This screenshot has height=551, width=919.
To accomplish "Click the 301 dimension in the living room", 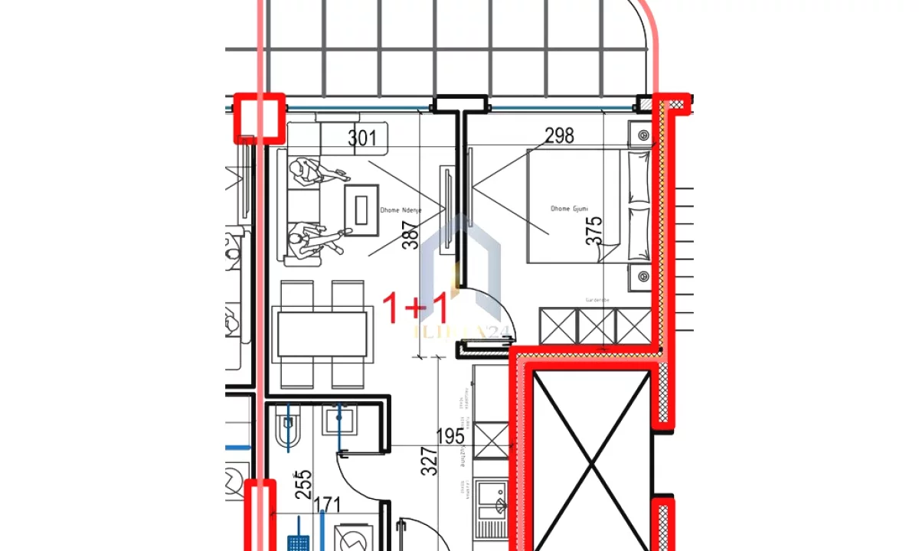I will pos(362,139).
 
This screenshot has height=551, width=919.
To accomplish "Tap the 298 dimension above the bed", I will pos(559,136).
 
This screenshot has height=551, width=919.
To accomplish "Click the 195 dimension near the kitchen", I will pos(450,437).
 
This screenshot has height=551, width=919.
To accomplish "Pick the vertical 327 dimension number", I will pos(430,461).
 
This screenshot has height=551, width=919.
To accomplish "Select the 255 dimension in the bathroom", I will pos(303,486).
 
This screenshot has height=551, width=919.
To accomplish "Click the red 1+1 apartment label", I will pos(415,308).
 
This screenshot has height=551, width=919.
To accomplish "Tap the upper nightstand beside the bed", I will pos(641,135).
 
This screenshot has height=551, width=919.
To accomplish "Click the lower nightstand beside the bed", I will pos(641,279).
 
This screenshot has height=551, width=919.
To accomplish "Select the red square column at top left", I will pos(259,119).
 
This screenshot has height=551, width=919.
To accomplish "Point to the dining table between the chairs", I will pos(320,334).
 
